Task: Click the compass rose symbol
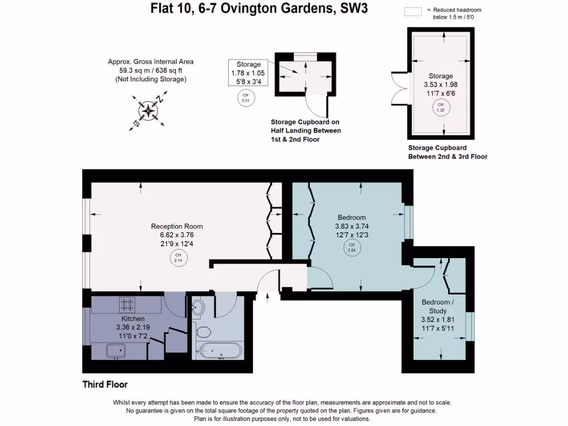click(x=148, y=110)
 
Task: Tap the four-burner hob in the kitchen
click(x=127, y=304)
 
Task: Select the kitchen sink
click(x=116, y=351)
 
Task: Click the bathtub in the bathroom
click(x=219, y=351)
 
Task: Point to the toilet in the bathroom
click(x=204, y=332)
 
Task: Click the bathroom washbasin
click(x=199, y=307)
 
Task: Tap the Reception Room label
click(x=177, y=226)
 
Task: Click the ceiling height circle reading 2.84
click(x=352, y=247)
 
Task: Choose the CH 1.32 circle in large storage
click(x=441, y=107)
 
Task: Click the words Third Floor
click(x=105, y=384)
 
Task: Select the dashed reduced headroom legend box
click(x=413, y=11)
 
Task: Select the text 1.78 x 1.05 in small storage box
click(x=248, y=73)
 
